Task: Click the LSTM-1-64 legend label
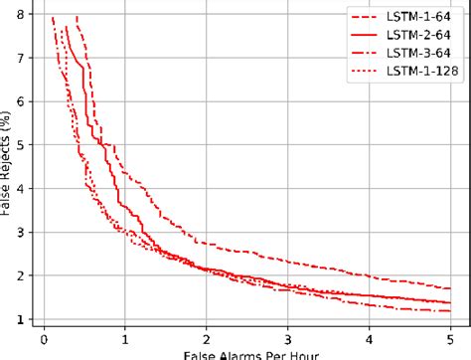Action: click(419, 16)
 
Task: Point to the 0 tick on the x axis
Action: click(44, 336)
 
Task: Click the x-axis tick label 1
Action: click(125, 336)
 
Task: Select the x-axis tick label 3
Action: click(287, 336)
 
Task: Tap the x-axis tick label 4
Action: click(369, 336)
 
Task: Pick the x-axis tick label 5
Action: click(450, 336)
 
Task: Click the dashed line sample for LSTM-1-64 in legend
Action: click(367, 16)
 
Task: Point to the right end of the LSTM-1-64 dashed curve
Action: click(450, 288)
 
